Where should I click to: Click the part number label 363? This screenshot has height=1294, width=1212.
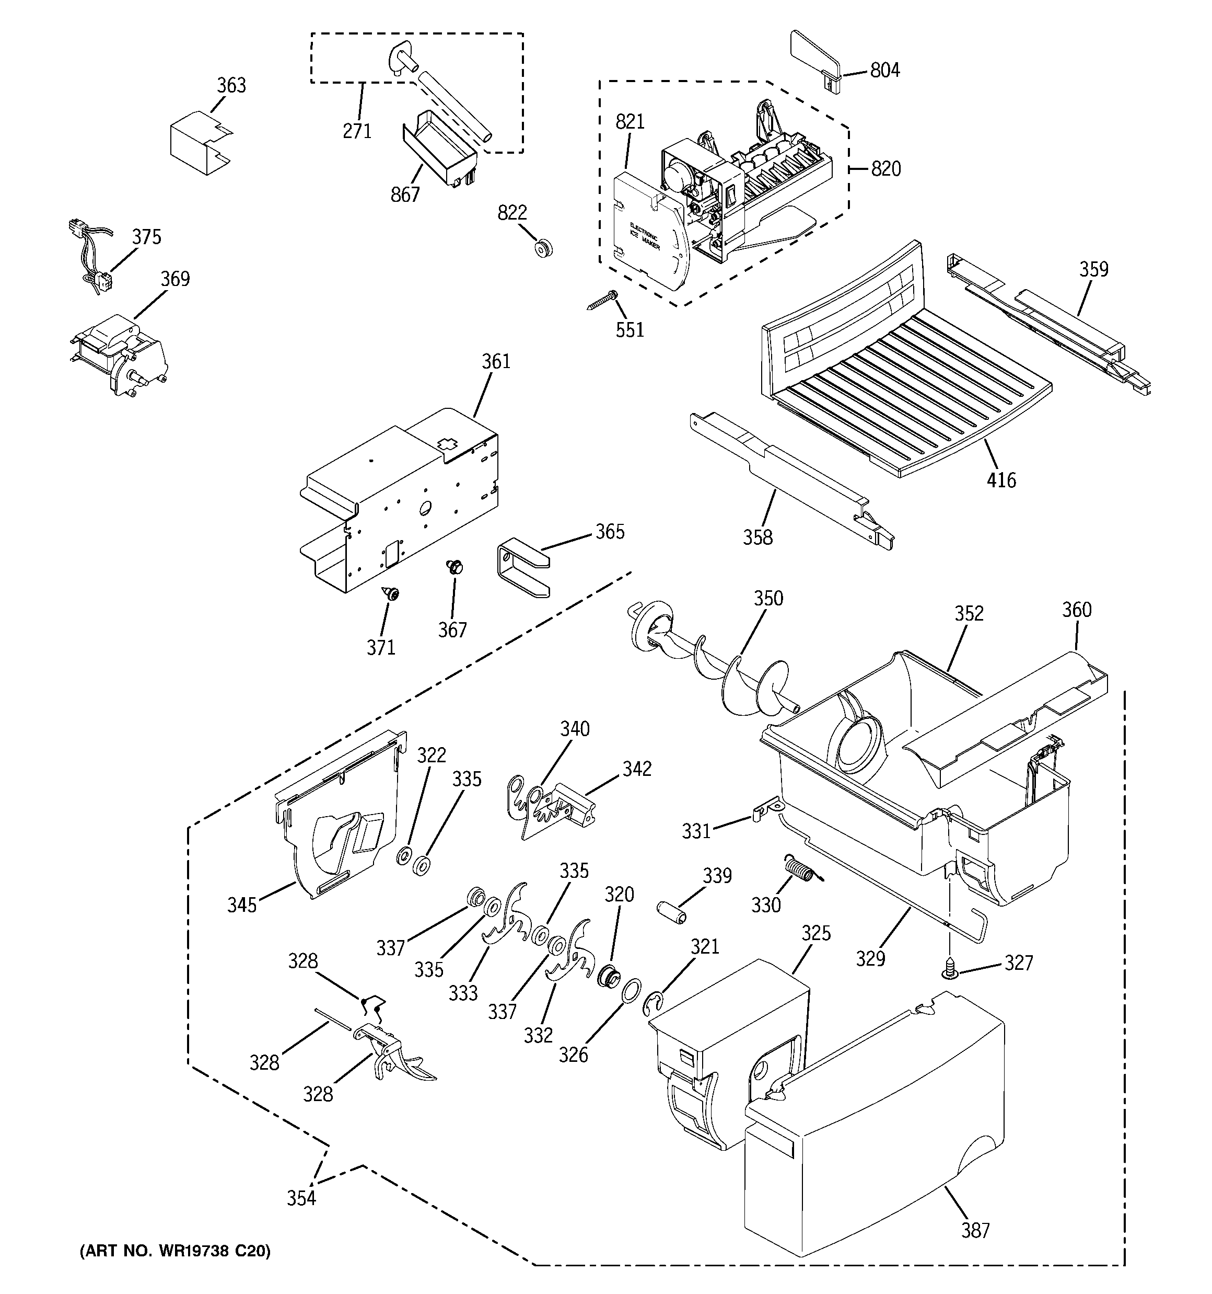tap(231, 85)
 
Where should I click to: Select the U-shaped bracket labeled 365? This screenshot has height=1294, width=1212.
tap(523, 564)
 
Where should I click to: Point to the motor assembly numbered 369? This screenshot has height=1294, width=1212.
tap(120, 355)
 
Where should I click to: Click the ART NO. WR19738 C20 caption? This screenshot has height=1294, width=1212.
tap(174, 1251)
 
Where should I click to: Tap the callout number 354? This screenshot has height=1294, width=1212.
tap(301, 1198)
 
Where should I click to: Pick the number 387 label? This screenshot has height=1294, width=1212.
tap(975, 1230)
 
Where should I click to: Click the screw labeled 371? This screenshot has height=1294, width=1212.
tap(391, 593)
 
